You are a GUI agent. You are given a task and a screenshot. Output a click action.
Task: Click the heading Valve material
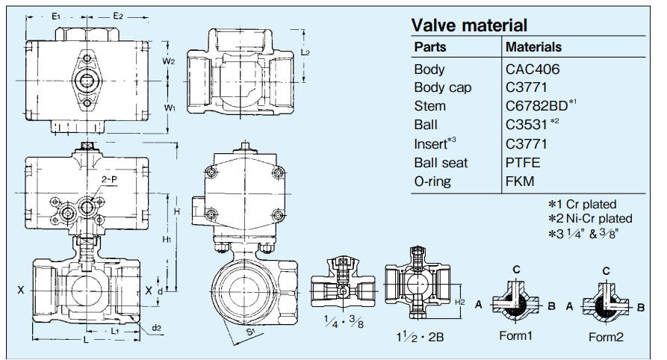pyautogui.click(x=469, y=25)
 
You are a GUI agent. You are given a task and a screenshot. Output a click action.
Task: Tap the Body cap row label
pyautogui.click(x=442, y=87)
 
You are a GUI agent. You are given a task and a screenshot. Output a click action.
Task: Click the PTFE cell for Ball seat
pyautogui.click(x=524, y=162)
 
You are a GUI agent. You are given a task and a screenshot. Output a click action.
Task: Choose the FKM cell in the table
pyautogui.click(x=521, y=181)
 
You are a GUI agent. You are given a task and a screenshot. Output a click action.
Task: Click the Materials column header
pyautogui.click(x=533, y=47)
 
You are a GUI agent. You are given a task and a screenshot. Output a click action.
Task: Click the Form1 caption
pyautogui.click(x=515, y=335)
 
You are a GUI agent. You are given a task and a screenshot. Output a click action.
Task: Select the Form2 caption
pyautogui.click(x=605, y=337)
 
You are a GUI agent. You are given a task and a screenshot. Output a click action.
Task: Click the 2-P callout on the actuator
pyautogui.click(x=109, y=180)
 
